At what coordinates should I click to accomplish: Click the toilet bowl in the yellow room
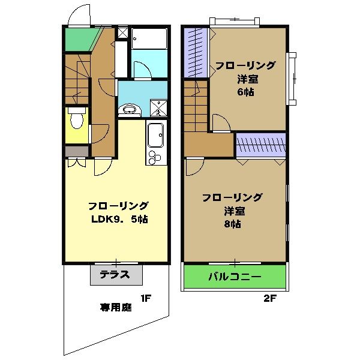[76, 120]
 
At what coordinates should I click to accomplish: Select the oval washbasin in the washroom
[128, 109]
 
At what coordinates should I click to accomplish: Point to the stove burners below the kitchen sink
[154, 157]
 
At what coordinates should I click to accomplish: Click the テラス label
[116, 275]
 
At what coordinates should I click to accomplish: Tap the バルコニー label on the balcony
[235, 277]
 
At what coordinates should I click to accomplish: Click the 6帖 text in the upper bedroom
[244, 92]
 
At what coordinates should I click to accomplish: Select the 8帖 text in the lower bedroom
[232, 224]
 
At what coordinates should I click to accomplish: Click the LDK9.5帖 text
[119, 219]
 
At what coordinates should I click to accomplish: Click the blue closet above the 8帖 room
[260, 145]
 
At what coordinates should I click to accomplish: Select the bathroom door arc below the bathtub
[142, 70]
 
